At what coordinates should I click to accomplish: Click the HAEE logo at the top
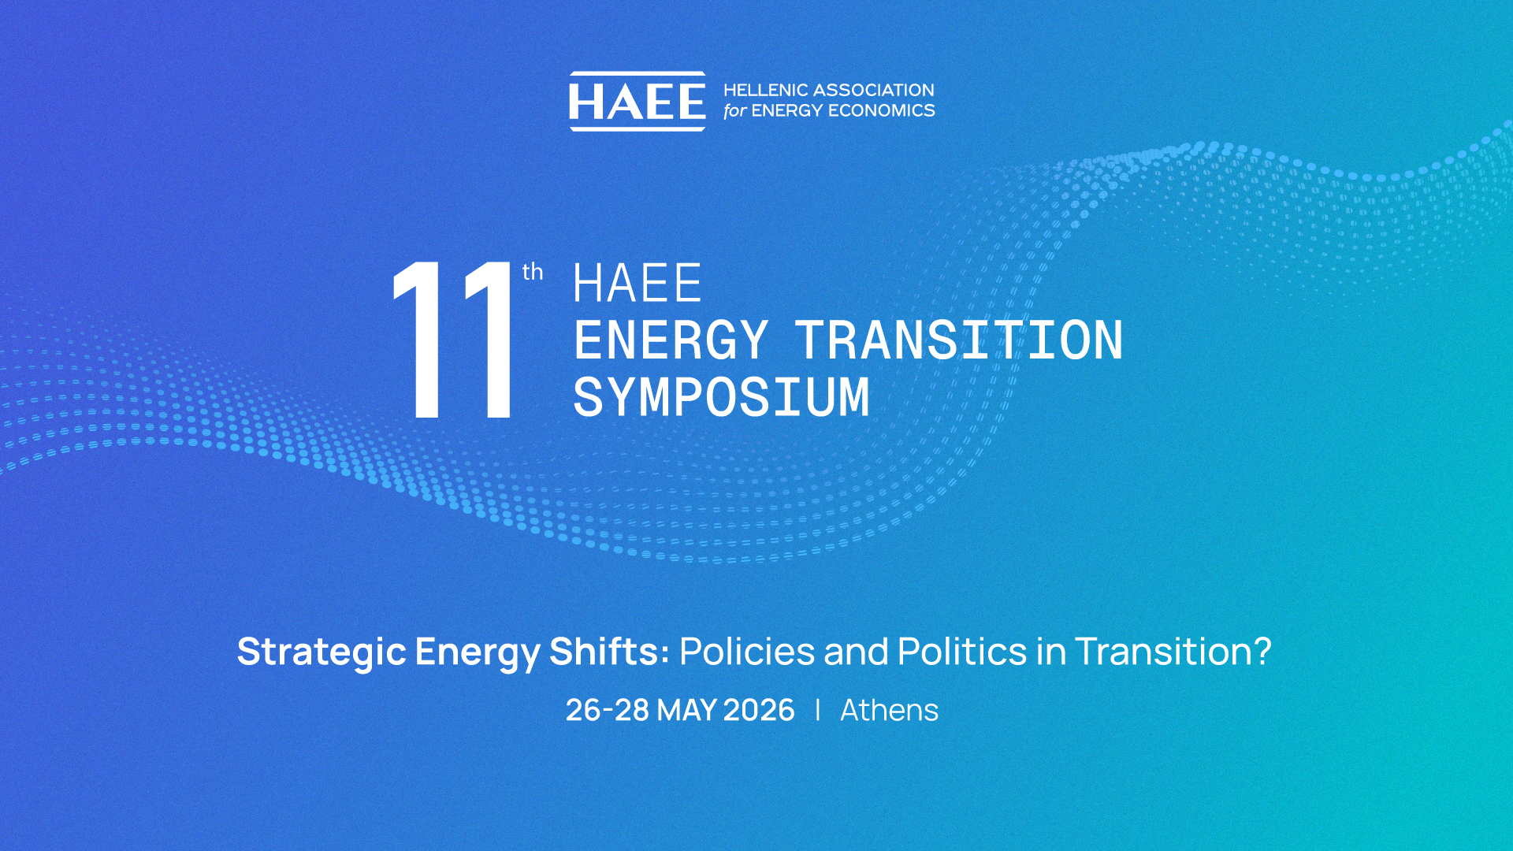coord(637,102)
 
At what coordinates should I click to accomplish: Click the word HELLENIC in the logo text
coord(766,91)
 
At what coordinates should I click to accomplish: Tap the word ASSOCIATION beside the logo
coord(874,91)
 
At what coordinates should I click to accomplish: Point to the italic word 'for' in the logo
coord(734,111)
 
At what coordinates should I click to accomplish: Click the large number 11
coord(455,340)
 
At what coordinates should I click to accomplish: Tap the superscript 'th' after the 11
coord(533,272)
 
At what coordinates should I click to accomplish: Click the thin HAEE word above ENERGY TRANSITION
coord(637,284)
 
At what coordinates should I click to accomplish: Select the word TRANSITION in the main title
coord(958,340)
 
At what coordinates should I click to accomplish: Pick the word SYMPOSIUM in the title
coord(721,397)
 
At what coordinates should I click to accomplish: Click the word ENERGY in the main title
coord(671,340)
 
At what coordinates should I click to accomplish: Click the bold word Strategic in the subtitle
coord(322,652)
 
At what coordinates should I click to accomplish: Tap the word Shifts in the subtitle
coord(608,651)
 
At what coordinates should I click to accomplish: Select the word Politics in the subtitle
coord(962,651)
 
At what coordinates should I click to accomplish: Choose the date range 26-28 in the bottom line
coord(608,711)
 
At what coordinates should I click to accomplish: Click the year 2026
coord(759,711)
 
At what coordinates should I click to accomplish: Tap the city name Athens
coord(889,711)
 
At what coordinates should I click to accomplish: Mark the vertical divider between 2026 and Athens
coord(818,710)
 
